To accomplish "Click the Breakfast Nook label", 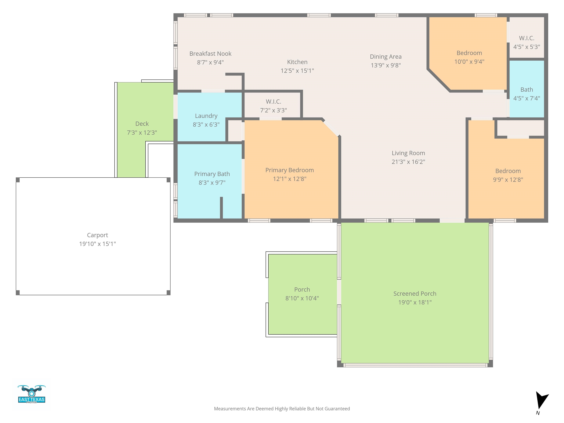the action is coord(210,54).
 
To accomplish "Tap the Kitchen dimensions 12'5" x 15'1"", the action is coord(297,71).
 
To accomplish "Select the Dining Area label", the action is coord(386,57).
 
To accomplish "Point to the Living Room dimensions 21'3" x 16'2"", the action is coord(408,162).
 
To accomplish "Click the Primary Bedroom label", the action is coord(289,170).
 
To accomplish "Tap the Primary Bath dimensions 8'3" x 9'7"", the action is coord(212,182).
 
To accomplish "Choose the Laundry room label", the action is coord(206,116).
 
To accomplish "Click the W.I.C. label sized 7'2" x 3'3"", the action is coord(273,102).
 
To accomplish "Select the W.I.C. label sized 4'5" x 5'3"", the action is coord(527,38).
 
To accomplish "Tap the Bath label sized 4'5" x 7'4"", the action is coord(527,89).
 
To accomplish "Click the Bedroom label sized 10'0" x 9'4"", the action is coord(469,53).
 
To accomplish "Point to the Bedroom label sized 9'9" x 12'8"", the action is coord(508,171).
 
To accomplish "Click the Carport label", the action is coord(97,235).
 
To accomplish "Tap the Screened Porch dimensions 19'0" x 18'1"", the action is coord(415,302).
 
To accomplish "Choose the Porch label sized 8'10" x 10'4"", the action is coord(302,289).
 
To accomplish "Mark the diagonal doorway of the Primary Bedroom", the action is coord(331,128).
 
